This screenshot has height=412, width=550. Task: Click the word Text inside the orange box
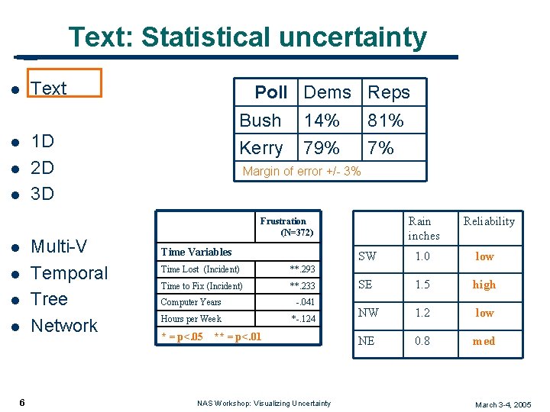(x=49, y=89)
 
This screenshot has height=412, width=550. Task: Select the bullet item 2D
(x=42, y=167)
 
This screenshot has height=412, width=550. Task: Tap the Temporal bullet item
(x=69, y=273)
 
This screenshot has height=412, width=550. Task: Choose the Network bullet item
(x=64, y=326)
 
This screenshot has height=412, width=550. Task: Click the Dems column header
(x=327, y=92)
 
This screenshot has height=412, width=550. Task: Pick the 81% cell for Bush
(x=386, y=121)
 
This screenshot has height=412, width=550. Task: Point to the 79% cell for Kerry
(x=322, y=148)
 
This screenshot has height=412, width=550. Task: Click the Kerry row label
(x=260, y=148)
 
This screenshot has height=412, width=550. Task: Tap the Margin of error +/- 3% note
(x=301, y=172)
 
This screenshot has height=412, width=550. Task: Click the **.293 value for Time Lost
(x=302, y=269)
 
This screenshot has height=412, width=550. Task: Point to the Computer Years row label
(x=191, y=302)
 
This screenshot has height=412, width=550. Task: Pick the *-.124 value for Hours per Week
(x=303, y=319)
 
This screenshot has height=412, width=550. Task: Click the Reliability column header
(x=489, y=221)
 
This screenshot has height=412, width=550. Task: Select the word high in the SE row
(x=484, y=285)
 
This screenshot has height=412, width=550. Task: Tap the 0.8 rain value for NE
(x=422, y=341)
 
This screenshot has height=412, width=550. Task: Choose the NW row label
(x=367, y=313)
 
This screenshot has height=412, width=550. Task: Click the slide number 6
(x=22, y=402)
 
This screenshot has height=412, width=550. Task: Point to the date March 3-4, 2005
(x=503, y=404)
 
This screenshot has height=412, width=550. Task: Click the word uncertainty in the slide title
(x=351, y=37)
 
